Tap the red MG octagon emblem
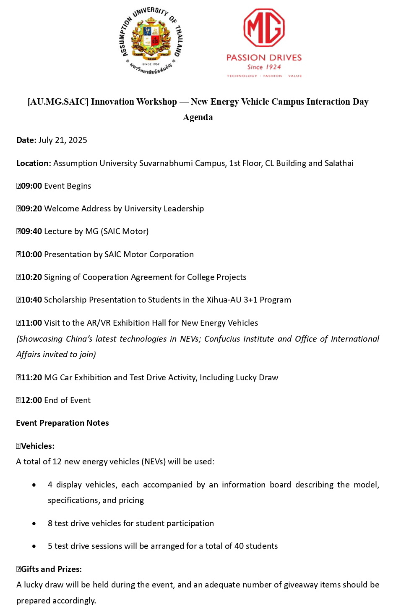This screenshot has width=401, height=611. pyautogui.click(x=264, y=28)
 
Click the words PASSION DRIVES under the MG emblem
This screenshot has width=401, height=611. pyautogui.click(x=264, y=58)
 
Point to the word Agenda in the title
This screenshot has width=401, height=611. pyautogui.click(x=198, y=117)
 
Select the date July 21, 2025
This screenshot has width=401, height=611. pyautogui.click(x=62, y=140)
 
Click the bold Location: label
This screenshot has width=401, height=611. pyautogui.click(x=34, y=163)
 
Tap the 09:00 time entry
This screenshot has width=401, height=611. pyautogui.click(x=31, y=186)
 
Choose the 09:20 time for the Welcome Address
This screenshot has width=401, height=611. pyautogui.click(x=31, y=208)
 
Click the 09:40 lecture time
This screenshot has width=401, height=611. pyautogui.click(x=31, y=231)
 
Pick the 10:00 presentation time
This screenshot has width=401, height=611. pyautogui.click(x=31, y=254)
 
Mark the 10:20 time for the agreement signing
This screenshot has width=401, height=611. pyautogui.click(x=31, y=277)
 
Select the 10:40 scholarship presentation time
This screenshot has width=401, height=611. pyautogui.click(x=31, y=300)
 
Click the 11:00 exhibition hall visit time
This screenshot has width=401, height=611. pyautogui.click(x=31, y=323)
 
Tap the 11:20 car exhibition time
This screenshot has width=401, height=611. pyautogui.click(x=31, y=377)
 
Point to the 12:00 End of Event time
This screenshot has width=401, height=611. pyautogui.click(x=31, y=400)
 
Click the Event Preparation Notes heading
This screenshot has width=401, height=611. pyautogui.click(x=62, y=423)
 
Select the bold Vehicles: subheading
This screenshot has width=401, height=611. pyautogui.click(x=37, y=446)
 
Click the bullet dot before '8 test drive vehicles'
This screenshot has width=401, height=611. pyautogui.click(x=34, y=524)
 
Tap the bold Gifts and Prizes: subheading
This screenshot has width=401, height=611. pyautogui.click(x=51, y=569)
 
